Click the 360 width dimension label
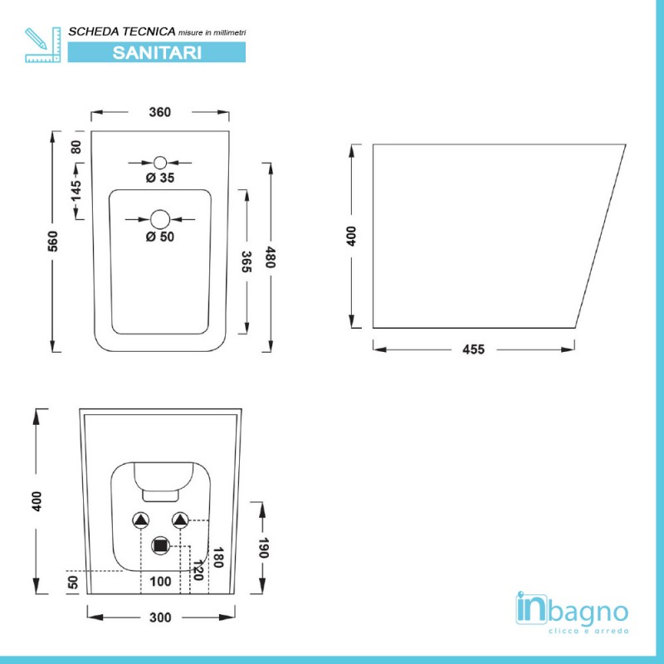click(159, 112)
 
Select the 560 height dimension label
click(52, 241)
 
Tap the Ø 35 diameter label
click(160, 178)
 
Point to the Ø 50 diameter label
click(160, 237)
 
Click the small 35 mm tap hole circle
click(160, 163)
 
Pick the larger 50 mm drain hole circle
click(160, 219)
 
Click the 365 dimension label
click(247, 261)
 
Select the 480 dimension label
click(271, 257)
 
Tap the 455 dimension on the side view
click(473, 349)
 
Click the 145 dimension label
click(76, 191)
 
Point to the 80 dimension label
click(76, 147)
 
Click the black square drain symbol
click(160, 546)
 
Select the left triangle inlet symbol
click(140, 520)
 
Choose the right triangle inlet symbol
click(180, 520)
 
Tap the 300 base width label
click(160, 618)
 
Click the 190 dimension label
click(263, 548)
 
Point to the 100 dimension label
click(160, 582)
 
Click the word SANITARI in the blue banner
click(157, 52)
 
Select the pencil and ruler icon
click(43, 45)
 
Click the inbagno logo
click(572, 612)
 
